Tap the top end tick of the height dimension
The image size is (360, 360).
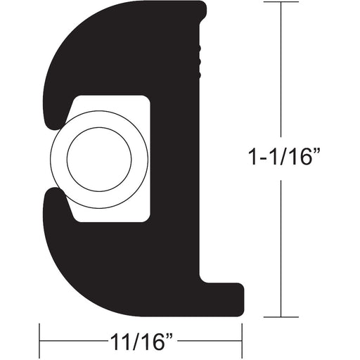coord(283,4)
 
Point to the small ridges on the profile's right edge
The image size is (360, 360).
coord(203,60)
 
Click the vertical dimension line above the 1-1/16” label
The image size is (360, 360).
coord(283,70)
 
